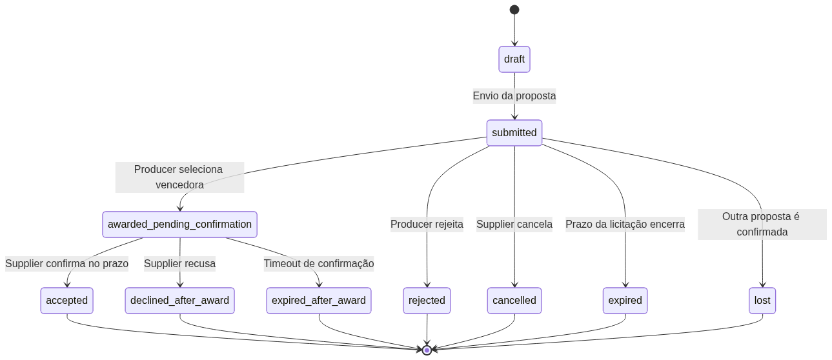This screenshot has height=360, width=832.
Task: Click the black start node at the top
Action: (514, 10)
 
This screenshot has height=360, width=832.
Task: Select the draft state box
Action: (514, 59)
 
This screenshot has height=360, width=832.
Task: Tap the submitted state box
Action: (514, 133)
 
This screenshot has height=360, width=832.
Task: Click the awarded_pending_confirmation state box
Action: (179, 225)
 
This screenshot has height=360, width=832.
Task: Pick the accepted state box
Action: (67, 301)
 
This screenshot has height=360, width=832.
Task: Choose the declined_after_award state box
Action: (179, 301)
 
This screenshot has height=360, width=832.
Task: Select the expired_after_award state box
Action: (319, 301)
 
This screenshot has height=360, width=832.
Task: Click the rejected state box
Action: (427, 301)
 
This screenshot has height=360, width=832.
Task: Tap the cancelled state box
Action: (514, 301)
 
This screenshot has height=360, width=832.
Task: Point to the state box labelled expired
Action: (625, 301)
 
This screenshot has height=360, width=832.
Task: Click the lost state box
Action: (762, 301)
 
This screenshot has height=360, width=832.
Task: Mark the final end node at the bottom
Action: (427, 350)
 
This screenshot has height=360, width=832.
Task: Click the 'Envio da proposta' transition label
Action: (514, 96)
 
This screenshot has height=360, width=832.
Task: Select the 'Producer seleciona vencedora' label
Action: (179, 177)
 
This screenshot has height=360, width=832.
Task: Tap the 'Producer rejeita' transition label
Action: (427, 225)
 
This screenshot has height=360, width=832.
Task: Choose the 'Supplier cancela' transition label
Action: (514, 225)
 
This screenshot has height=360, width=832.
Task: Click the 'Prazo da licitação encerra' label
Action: (625, 225)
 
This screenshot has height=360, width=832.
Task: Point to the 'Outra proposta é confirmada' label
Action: (762, 225)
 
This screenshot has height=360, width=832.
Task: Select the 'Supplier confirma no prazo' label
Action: (67, 263)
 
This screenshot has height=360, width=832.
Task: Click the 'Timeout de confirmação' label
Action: (319, 263)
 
